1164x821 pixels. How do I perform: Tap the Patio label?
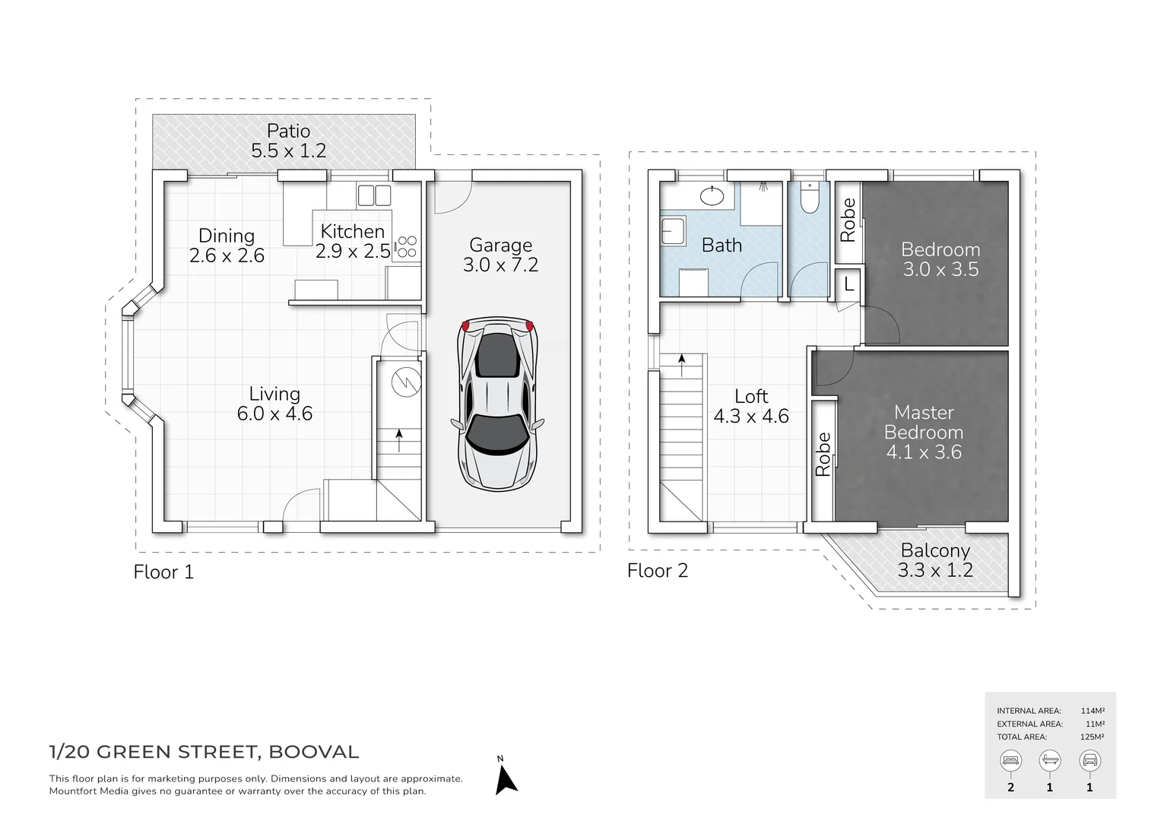pos(288,131)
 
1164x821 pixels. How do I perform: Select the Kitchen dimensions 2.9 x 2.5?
pos(353,251)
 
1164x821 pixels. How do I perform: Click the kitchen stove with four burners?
pos(407,247)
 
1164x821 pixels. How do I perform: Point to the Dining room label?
pos(227,236)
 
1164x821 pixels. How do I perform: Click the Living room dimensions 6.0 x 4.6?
pos(274,414)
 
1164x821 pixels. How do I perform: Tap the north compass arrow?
pos(506,780)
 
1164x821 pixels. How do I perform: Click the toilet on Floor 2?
pos(810,199)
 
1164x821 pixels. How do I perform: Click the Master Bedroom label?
pos(924,422)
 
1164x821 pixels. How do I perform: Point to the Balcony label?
pos(935,550)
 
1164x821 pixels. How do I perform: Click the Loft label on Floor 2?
pos(751,396)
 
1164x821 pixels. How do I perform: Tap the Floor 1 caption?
pos(163,572)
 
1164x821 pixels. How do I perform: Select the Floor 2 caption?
pos(658,570)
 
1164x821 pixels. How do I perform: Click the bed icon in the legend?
pos(1010,760)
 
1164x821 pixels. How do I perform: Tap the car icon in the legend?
pos(1089,760)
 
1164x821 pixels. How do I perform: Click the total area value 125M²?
pos(1092,737)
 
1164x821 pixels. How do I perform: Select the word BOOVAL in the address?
pos(313,752)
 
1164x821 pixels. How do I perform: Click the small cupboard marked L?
pos(848,285)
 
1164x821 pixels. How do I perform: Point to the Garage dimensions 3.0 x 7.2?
pos(500,265)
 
